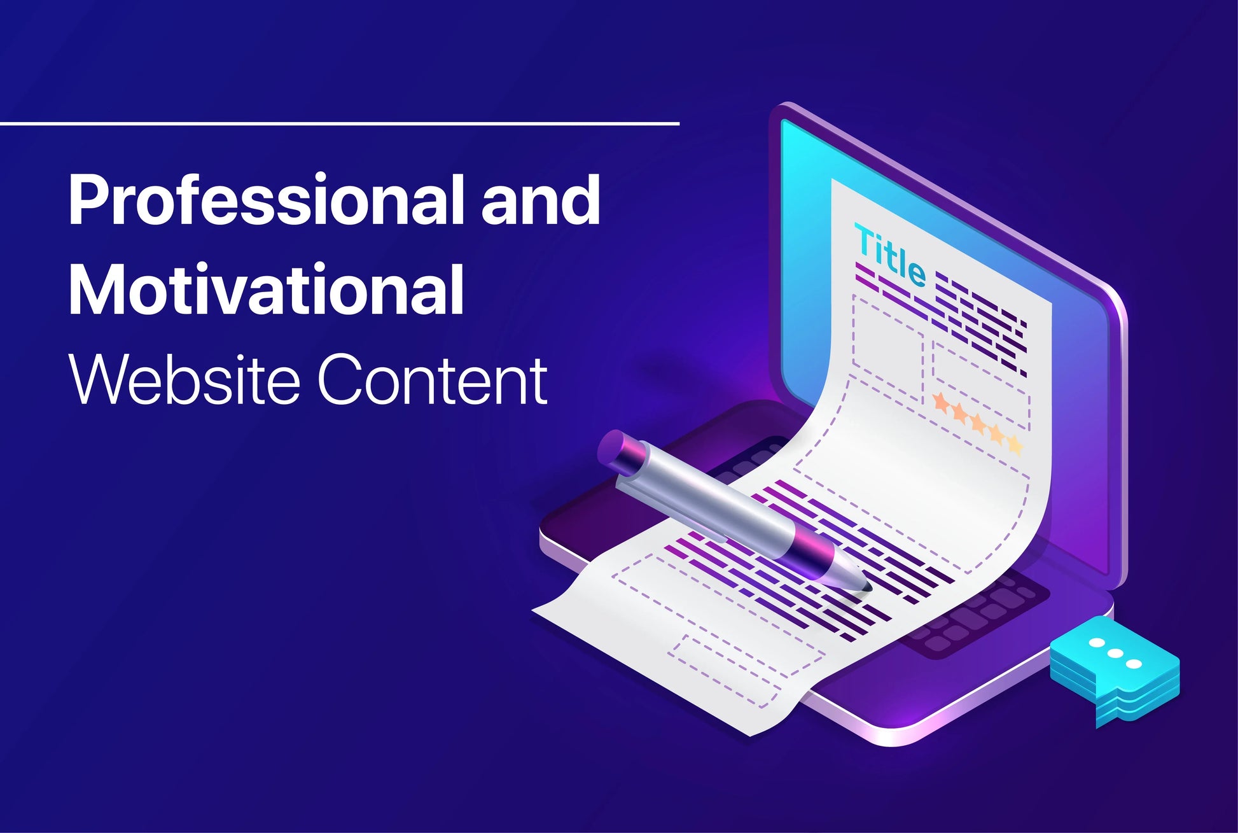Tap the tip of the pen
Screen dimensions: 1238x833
point(868,589)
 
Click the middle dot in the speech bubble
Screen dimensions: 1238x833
point(1115,654)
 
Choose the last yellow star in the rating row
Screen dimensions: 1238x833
point(1014,444)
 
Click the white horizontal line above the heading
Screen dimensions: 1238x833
point(340,123)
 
